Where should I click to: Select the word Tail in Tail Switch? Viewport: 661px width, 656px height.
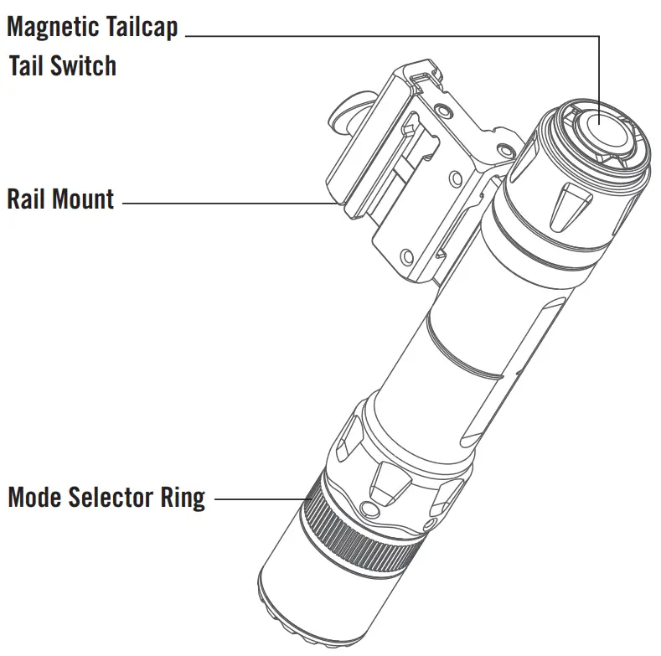click(x=27, y=66)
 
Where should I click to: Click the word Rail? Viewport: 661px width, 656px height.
click(x=27, y=200)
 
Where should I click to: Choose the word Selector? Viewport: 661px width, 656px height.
click(x=112, y=498)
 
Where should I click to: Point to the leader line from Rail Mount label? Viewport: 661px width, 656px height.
click(x=226, y=202)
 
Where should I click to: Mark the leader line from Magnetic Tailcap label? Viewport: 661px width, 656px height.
click(x=394, y=36)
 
